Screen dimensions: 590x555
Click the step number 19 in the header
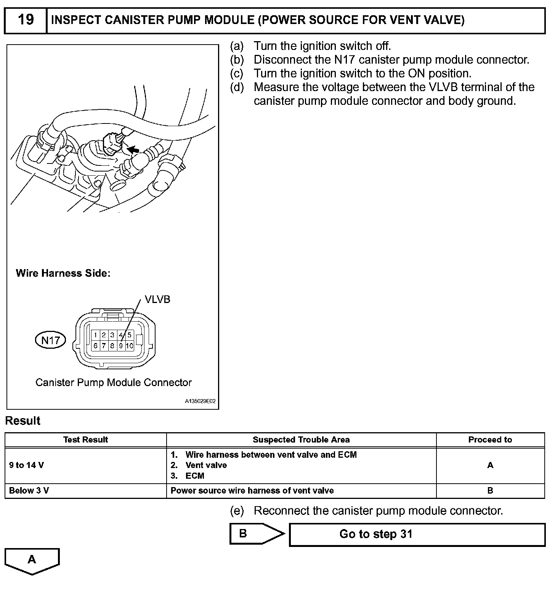coord(26,20)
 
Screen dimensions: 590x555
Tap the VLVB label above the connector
coord(157,300)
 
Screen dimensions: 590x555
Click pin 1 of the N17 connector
coord(95,335)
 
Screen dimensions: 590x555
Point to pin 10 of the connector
coord(129,346)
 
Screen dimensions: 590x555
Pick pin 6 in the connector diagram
coord(95,346)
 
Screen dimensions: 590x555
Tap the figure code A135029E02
coord(201,401)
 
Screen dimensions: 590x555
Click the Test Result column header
coord(85,440)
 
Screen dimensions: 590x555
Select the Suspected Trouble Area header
coord(301,440)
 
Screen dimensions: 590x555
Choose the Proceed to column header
coord(490,440)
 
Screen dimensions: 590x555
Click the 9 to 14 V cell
coord(26,465)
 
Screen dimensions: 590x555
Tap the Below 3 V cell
coord(29,491)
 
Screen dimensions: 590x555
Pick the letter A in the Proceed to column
coord(490,465)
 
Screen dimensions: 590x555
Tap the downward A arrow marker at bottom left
coord(32,560)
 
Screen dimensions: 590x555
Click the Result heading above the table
coord(23,421)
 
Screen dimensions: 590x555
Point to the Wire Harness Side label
coord(63,273)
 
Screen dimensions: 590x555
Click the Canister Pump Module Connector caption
coord(113,383)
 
